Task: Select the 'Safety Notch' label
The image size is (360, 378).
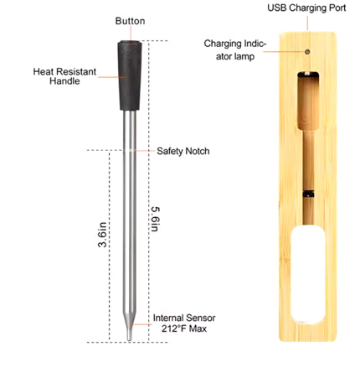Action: tap(183, 152)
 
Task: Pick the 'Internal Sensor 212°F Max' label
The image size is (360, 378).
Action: tap(184, 324)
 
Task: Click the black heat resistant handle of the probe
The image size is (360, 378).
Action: tap(130, 75)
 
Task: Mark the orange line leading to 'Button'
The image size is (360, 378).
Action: tap(129, 32)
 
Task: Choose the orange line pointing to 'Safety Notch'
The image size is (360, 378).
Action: tap(144, 152)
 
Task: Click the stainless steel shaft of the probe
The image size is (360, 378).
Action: tap(129, 218)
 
